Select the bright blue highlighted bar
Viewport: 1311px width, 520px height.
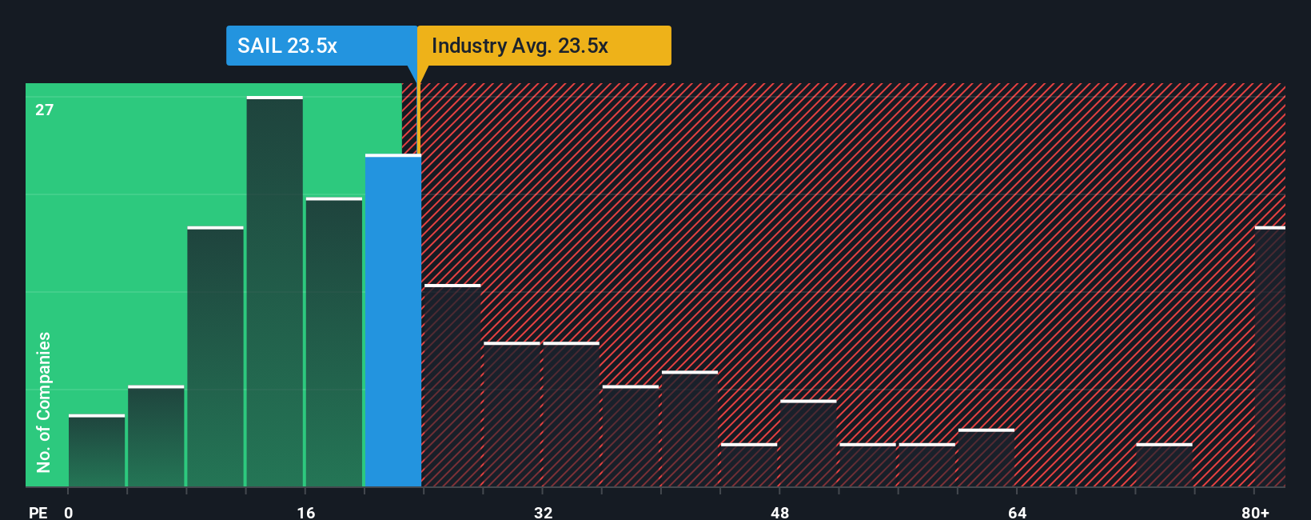[393, 320]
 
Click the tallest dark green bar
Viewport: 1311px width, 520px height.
[275, 292]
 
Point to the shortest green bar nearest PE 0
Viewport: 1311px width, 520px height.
[97, 450]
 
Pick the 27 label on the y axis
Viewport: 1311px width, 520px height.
[45, 110]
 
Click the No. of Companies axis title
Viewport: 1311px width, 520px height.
[44, 402]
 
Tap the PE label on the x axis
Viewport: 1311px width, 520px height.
[38, 512]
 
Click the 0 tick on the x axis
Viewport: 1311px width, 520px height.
[69, 512]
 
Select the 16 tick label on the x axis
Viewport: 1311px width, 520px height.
[306, 512]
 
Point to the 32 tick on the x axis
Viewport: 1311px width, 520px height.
[544, 512]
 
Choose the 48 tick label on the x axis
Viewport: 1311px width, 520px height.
[780, 512]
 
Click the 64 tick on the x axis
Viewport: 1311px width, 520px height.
[1017, 512]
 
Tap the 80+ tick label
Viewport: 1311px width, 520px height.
[1255, 512]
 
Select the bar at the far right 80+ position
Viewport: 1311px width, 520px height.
[1270, 357]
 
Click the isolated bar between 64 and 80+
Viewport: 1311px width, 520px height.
[1164, 466]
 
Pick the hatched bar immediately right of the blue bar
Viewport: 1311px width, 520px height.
[452, 386]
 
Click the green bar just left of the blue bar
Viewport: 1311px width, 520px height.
[334, 342]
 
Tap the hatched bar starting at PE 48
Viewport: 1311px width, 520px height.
[808, 443]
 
